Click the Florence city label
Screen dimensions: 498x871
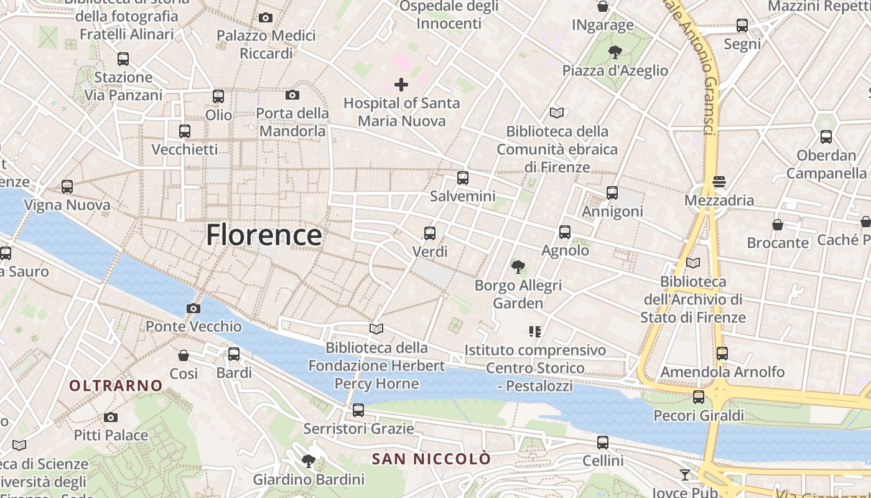click(x=264, y=235)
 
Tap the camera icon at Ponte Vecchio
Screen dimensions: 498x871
click(x=193, y=308)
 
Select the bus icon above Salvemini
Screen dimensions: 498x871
click(x=463, y=178)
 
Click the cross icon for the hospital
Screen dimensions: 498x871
click(x=401, y=84)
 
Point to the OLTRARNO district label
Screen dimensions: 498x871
click(x=116, y=386)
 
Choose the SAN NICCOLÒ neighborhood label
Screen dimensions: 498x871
click(x=431, y=459)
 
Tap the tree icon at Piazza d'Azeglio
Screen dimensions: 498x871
click(x=615, y=52)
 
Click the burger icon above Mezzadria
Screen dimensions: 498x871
click(x=719, y=182)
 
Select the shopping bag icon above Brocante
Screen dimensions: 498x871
click(x=778, y=224)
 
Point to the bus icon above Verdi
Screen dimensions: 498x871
click(x=430, y=233)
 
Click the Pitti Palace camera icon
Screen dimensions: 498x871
click(x=111, y=417)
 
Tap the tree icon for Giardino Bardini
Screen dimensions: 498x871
click(x=308, y=461)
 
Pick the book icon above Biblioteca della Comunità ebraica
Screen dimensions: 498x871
click(x=557, y=113)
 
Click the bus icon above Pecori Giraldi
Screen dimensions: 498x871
click(x=699, y=397)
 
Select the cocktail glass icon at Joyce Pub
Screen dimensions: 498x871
click(x=685, y=475)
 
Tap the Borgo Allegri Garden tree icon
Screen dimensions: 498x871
click(x=518, y=267)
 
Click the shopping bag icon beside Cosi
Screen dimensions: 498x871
click(x=184, y=355)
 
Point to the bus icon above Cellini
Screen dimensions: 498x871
click(x=603, y=443)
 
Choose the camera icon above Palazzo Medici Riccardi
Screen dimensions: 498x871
click(x=266, y=17)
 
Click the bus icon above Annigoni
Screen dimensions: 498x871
click(x=612, y=193)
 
